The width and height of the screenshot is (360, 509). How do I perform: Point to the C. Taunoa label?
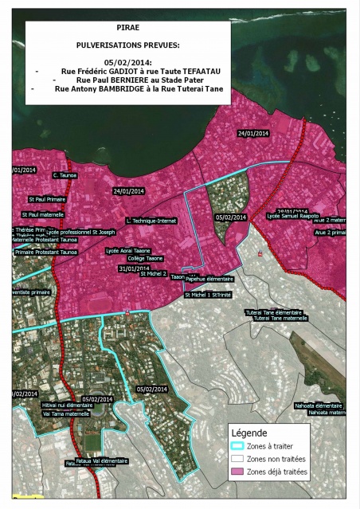[64, 174]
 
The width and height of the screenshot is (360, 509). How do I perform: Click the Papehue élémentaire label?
[209, 280]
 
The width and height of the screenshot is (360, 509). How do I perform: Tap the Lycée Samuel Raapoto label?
[293, 216]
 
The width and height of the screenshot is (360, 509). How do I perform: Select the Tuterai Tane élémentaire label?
[274, 312]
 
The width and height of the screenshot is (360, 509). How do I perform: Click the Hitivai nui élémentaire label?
[67, 405]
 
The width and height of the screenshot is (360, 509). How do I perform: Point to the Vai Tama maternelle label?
[66, 413]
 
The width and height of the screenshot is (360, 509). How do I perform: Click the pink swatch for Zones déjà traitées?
[235, 472]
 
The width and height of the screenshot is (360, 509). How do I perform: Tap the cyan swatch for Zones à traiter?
[235, 445]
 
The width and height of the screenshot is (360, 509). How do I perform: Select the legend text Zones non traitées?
[278, 459]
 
